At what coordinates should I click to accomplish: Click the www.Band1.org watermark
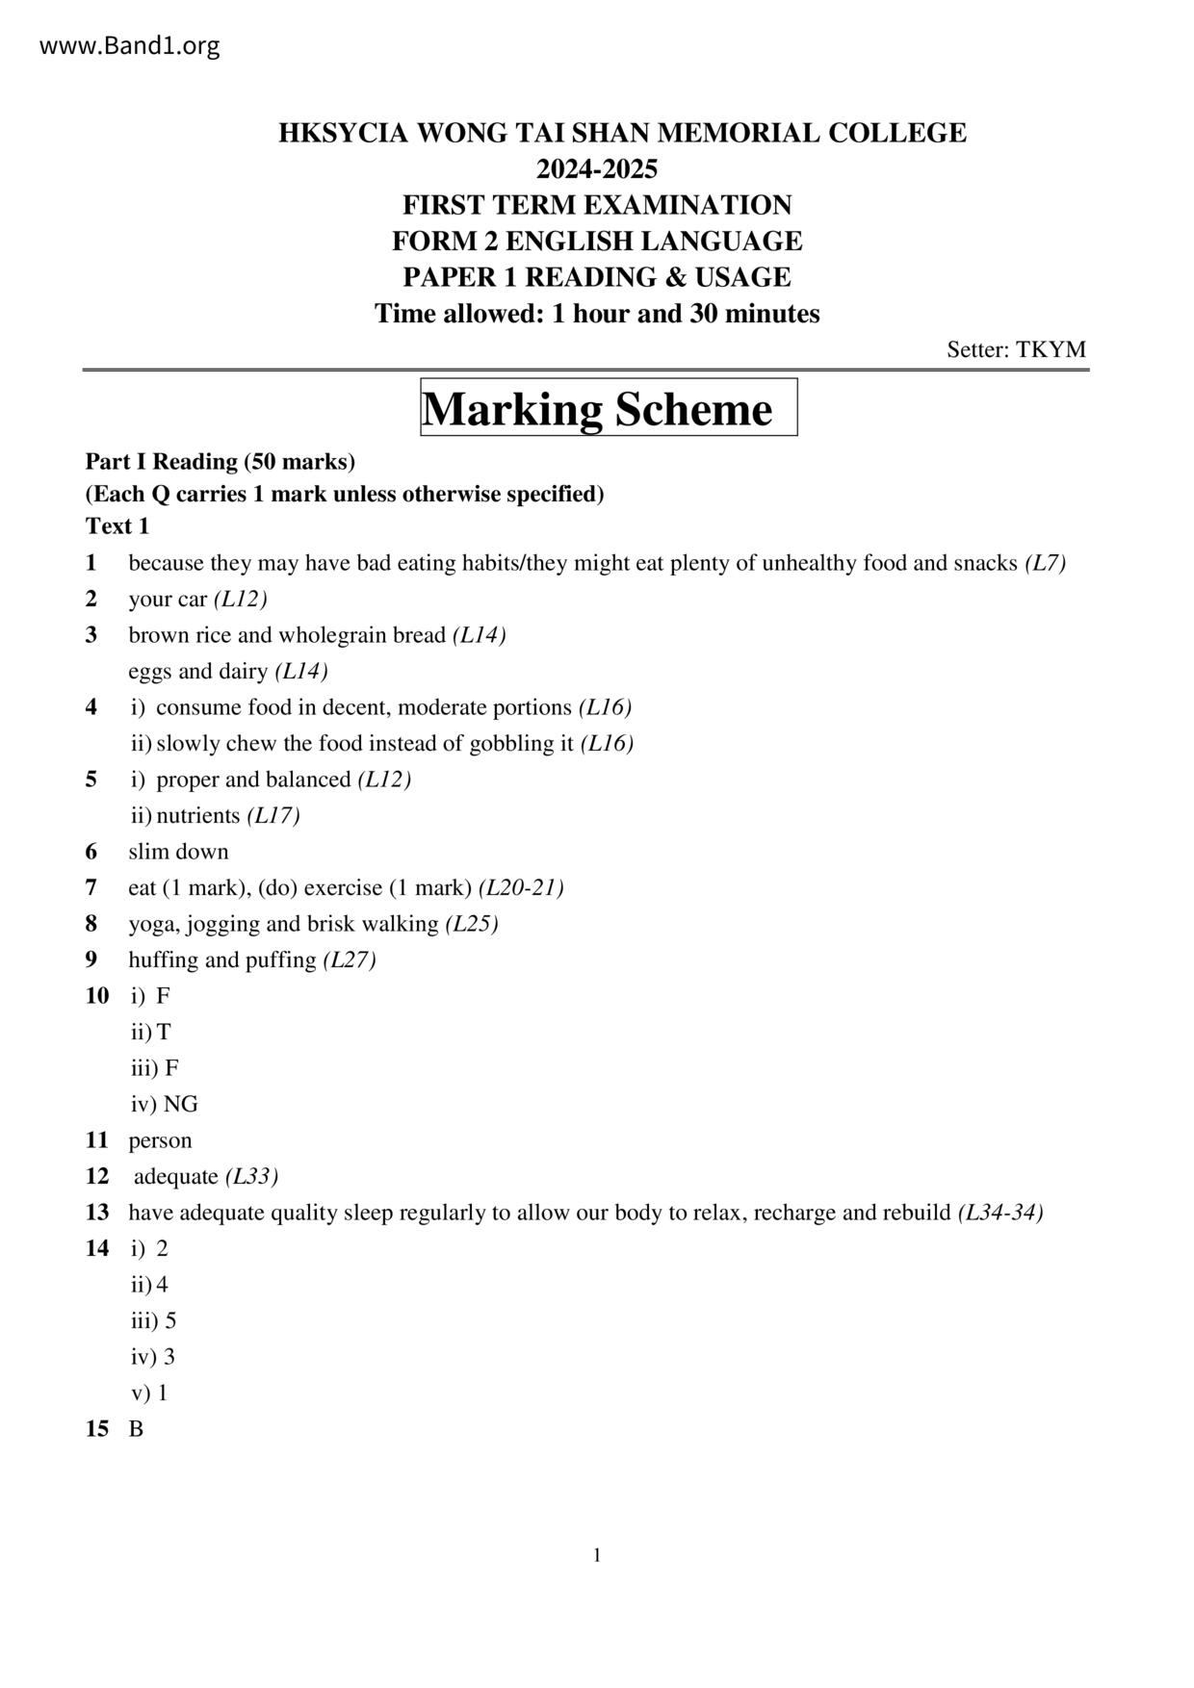tap(130, 45)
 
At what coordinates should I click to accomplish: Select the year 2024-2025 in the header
tap(597, 169)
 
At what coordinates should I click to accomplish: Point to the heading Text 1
tap(117, 526)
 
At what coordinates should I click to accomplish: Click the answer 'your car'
tap(168, 599)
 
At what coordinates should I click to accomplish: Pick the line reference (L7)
tap(1045, 563)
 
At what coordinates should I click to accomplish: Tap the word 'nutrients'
tap(197, 815)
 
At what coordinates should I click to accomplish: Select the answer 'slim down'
tap(178, 852)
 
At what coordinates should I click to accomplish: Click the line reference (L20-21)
tap(521, 887)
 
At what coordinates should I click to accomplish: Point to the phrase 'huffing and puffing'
tap(221, 959)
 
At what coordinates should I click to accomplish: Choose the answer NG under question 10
tap(180, 1104)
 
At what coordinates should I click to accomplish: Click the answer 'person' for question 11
tap(160, 1140)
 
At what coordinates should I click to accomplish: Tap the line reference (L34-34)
tap(1000, 1213)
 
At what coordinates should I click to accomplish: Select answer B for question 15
tap(136, 1429)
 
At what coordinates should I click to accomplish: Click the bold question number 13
tap(97, 1213)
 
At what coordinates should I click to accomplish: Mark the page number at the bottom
tap(597, 1555)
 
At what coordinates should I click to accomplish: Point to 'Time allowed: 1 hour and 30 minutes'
tap(597, 314)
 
